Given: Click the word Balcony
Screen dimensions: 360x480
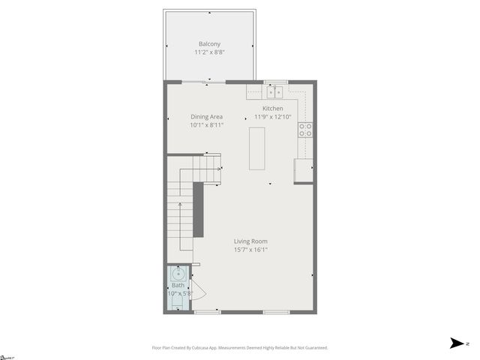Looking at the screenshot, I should click(208, 43).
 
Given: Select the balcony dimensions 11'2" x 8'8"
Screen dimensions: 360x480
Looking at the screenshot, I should click(208, 52).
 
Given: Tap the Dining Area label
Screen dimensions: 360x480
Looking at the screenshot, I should click(206, 116).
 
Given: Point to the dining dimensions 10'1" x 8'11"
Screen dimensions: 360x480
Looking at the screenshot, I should click(206, 125).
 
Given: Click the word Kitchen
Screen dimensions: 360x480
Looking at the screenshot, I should click(272, 109).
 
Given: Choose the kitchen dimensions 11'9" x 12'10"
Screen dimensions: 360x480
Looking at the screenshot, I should click(272, 117).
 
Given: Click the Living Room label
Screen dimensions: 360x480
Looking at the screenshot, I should click(250, 241).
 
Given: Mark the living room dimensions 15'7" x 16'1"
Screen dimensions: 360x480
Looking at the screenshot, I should click(250, 250).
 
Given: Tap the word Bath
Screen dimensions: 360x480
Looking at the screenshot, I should click(178, 286).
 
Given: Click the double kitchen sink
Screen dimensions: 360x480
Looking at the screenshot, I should click(275, 91).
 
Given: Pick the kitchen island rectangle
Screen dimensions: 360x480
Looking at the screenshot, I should click(257, 148).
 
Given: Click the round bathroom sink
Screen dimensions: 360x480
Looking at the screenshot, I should click(178, 273).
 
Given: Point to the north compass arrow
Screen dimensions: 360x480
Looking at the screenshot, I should click(455, 343).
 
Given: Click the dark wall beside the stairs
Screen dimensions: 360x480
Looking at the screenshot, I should click(199, 209).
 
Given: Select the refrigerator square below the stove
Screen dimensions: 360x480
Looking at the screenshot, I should click(303, 171).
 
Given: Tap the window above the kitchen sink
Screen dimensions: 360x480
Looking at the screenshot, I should click(275, 81).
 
